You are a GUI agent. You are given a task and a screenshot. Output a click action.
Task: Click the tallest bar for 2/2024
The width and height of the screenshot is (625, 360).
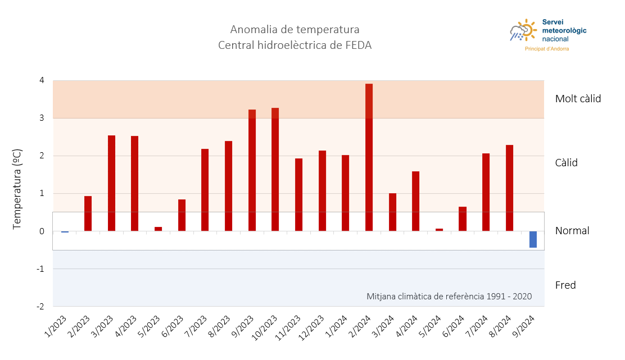(x=369, y=157)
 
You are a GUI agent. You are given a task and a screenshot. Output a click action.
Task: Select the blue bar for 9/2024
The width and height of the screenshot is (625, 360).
(x=533, y=239)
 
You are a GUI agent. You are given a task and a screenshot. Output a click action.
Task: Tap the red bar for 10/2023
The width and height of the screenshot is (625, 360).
(x=275, y=169)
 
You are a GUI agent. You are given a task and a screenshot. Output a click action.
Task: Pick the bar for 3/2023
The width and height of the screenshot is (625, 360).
(x=111, y=183)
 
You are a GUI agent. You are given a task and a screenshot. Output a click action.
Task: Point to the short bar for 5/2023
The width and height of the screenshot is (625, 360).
(x=158, y=229)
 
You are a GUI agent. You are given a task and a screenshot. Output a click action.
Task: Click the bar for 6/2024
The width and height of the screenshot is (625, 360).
(x=463, y=219)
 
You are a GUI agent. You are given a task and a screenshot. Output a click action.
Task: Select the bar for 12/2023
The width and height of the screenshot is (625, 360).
(x=322, y=191)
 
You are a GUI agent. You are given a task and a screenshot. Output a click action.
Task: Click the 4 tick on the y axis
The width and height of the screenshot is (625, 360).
(x=42, y=80)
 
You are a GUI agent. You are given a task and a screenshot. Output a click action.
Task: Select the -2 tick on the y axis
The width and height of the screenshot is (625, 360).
(x=40, y=307)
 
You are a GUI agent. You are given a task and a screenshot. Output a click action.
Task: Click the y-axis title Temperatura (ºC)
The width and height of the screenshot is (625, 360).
(x=17, y=189)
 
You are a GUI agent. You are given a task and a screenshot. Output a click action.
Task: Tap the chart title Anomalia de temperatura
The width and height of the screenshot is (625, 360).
(x=295, y=29)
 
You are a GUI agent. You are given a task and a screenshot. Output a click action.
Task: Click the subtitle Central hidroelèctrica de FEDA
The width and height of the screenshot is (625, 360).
(x=295, y=45)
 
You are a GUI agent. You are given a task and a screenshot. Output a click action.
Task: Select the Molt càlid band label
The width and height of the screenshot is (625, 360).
(x=578, y=99)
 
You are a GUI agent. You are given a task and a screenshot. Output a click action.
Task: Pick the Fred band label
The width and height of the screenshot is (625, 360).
(x=565, y=285)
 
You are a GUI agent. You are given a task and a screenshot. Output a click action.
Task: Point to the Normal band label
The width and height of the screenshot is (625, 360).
(x=572, y=231)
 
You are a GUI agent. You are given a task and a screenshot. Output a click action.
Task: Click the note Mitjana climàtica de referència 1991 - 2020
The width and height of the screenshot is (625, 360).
(x=449, y=296)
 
